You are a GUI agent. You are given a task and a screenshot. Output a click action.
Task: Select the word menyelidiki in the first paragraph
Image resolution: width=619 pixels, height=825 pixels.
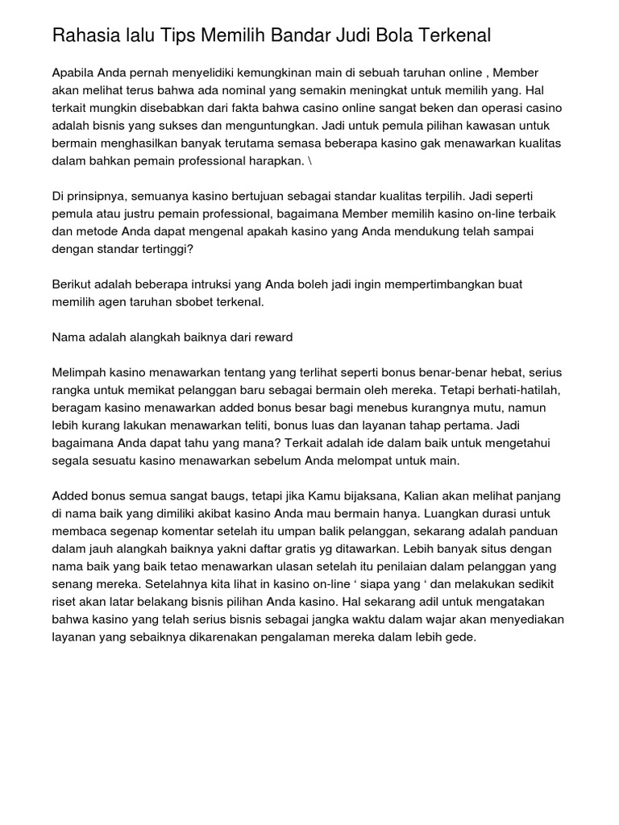coord(214,73)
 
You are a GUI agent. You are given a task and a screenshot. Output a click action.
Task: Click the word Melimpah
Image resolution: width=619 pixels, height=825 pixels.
coord(77,373)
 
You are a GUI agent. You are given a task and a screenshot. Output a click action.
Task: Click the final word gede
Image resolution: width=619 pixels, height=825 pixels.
coord(464,637)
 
